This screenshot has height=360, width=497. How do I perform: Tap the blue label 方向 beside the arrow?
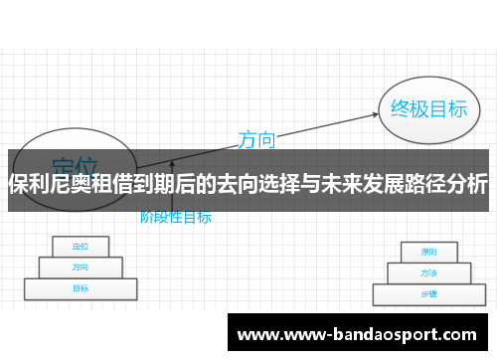tap(256, 140)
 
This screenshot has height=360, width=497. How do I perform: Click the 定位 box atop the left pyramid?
tap(80, 246)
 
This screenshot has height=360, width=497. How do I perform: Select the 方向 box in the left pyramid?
tap(80, 267)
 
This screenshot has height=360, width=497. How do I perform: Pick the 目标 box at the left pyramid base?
tap(80, 288)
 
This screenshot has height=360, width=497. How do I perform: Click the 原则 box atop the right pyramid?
tap(428, 252)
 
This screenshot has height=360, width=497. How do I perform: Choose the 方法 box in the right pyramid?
tap(428, 272)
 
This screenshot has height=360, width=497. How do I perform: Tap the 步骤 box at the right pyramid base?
tap(428, 294)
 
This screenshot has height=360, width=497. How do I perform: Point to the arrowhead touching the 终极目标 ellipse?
tap(378, 113)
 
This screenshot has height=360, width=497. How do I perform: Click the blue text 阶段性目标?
tap(175, 216)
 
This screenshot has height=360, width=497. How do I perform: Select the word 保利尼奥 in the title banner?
tap(51, 184)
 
